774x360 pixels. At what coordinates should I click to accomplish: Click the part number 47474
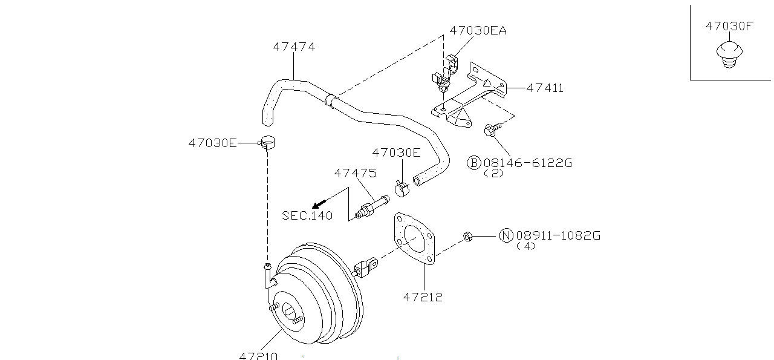294,47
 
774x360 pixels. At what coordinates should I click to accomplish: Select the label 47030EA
478,30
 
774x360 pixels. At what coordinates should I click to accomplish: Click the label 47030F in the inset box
729,26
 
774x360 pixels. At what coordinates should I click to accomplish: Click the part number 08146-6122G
527,163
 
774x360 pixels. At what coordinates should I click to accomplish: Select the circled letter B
473,163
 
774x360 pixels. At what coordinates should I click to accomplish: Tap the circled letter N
506,236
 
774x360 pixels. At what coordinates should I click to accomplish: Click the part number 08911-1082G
558,236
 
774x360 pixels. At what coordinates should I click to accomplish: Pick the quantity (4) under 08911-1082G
526,246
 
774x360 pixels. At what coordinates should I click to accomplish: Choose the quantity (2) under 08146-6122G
494,173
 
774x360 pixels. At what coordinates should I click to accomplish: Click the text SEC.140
307,215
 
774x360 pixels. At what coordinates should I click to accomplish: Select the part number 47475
355,173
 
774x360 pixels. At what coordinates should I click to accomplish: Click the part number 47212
423,296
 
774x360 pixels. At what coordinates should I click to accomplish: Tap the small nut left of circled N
467,236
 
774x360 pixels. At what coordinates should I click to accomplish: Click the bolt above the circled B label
490,129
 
